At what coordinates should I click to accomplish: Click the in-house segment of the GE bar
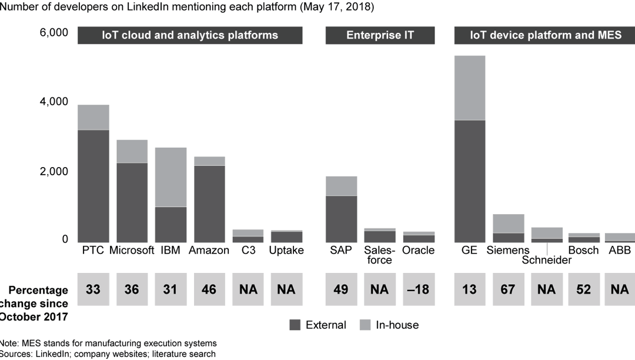pos(469,88)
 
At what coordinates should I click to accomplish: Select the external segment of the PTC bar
pos(93,185)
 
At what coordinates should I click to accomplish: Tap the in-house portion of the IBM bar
pos(171,176)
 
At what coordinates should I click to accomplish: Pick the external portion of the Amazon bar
pos(210,203)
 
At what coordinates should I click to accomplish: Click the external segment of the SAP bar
pos(342,218)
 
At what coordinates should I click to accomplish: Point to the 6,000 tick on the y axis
pos(54,32)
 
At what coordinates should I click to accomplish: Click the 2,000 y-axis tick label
pos(54,171)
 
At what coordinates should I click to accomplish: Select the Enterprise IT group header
pos(380,35)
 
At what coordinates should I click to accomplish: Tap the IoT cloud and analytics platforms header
pos(190,35)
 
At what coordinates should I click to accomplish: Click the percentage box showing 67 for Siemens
pos(508,289)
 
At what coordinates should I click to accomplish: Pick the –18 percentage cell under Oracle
pos(419,289)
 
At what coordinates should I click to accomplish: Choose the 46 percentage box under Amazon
pos(210,289)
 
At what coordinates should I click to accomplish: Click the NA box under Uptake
pos(286,289)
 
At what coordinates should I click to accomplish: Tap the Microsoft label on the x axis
pos(132,250)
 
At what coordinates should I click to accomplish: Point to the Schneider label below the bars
pos(547,260)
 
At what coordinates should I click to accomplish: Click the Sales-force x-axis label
pos(380,255)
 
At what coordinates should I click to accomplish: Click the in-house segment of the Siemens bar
pos(508,224)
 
